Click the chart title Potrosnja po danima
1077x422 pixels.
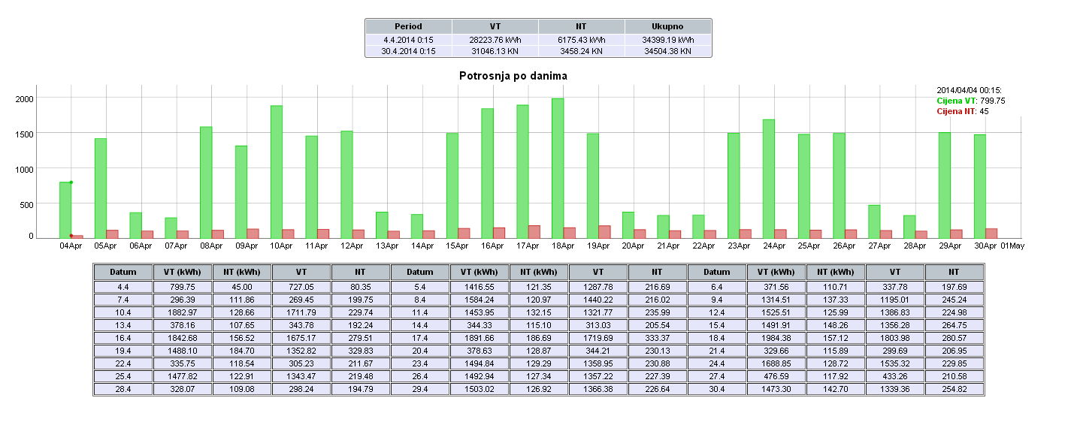513,76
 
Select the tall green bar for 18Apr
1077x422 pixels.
557,168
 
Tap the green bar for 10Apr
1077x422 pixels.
276,171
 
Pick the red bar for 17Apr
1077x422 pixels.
534,231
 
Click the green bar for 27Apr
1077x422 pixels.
874,222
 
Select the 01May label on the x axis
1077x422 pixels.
1012,246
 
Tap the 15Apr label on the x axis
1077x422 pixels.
457,246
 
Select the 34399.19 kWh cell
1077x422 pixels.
667,39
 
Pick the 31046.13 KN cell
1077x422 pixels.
495,51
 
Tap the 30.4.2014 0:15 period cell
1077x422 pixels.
408,51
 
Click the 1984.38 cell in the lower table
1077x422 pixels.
776,338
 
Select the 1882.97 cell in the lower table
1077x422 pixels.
182,312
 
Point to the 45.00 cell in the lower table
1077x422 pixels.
241,287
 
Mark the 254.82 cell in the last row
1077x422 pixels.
954,389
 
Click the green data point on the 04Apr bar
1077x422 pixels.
71,182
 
